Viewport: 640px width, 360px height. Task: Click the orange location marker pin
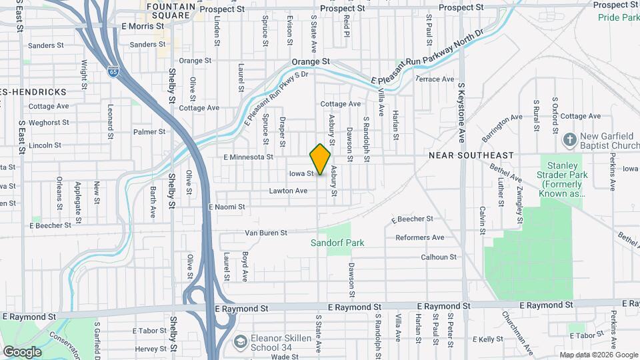click(320, 159)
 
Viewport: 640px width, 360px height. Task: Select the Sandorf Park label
click(337, 243)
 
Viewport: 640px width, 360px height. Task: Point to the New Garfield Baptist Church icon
click(569, 140)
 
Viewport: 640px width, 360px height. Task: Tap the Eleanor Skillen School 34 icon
click(239, 342)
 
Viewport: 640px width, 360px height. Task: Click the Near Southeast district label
click(471, 155)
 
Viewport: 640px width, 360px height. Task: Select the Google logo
click(22, 351)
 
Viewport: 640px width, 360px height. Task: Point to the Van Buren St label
click(265, 233)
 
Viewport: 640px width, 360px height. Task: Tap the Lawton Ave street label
click(288, 191)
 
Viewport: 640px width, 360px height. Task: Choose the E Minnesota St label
click(249, 157)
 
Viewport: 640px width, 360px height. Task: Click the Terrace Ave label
click(435, 79)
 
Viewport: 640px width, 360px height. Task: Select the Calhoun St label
click(439, 257)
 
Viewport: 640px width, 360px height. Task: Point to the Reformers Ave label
click(419, 237)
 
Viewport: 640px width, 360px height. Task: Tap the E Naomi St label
click(227, 207)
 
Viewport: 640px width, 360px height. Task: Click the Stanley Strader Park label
click(553, 178)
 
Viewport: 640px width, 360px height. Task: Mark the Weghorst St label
click(49, 123)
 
